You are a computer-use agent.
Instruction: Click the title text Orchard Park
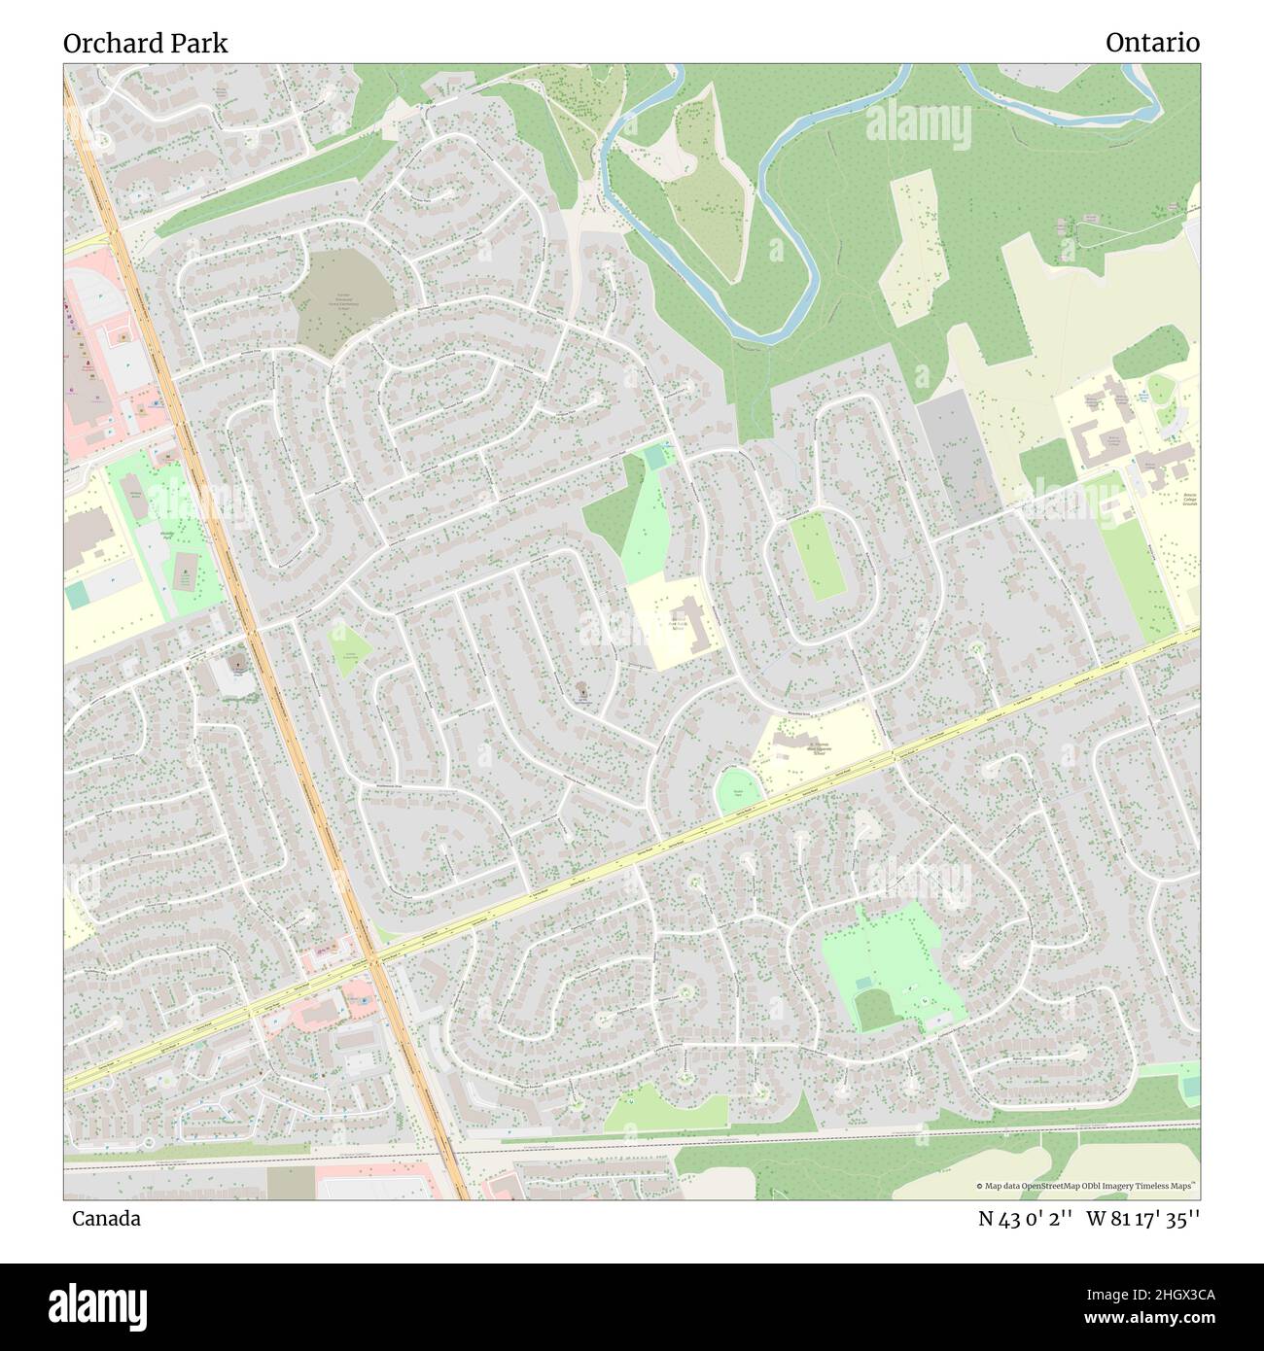tap(146, 43)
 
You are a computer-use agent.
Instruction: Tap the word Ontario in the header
tap(1152, 43)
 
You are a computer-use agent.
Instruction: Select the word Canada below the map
tap(105, 1218)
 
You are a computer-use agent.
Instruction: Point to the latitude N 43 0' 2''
tap(1025, 1218)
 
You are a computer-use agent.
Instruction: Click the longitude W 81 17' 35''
tap(1142, 1218)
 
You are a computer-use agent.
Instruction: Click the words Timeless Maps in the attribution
tap(1170, 1186)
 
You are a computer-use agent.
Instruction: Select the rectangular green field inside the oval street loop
tap(815, 556)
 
